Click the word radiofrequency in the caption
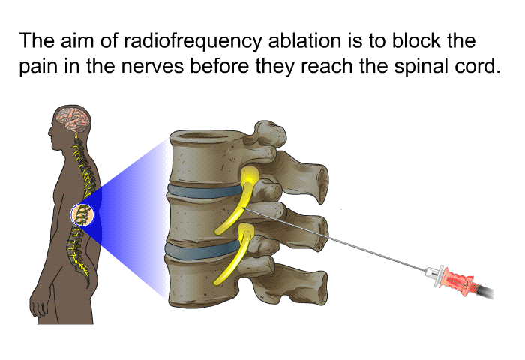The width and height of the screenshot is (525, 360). [193, 42]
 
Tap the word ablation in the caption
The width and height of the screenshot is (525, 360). [304, 40]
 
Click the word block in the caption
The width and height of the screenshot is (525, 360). [417, 40]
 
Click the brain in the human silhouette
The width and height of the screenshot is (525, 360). [73, 118]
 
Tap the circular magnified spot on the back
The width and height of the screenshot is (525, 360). [82, 214]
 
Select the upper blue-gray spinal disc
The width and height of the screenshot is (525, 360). [205, 191]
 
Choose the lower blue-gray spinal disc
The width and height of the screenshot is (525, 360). [202, 251]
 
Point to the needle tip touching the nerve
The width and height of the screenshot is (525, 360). [244, 209]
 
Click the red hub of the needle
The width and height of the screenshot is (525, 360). [459, 280]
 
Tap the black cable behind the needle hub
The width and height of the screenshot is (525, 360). [484, 291]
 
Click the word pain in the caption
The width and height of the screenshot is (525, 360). [38, 67]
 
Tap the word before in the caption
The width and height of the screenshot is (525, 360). [219, 66]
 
